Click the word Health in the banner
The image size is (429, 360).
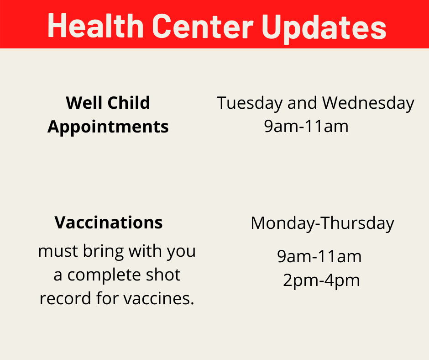coord(95,26)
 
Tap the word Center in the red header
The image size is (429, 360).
coord(203,26)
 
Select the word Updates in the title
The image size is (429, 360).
coord(324,27)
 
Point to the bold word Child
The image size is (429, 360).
coord(129,103)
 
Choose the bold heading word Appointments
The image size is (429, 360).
coord(108,127)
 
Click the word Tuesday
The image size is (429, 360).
coord(250,104)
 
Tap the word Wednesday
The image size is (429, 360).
coord(368,104)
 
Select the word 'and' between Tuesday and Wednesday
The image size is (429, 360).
coord(302,103)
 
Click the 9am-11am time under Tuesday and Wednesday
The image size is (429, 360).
coord(306,126)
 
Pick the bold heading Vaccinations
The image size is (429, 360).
coord(108,222)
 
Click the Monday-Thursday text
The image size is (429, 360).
coord(322,223)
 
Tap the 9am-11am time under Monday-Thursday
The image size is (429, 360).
coord(319,256)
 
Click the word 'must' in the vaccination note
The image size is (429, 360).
coord(58,252)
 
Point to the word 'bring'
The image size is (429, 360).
coord(104,252)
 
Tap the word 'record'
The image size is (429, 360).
coord(65,299)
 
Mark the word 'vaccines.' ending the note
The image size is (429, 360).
coord(159,299)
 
